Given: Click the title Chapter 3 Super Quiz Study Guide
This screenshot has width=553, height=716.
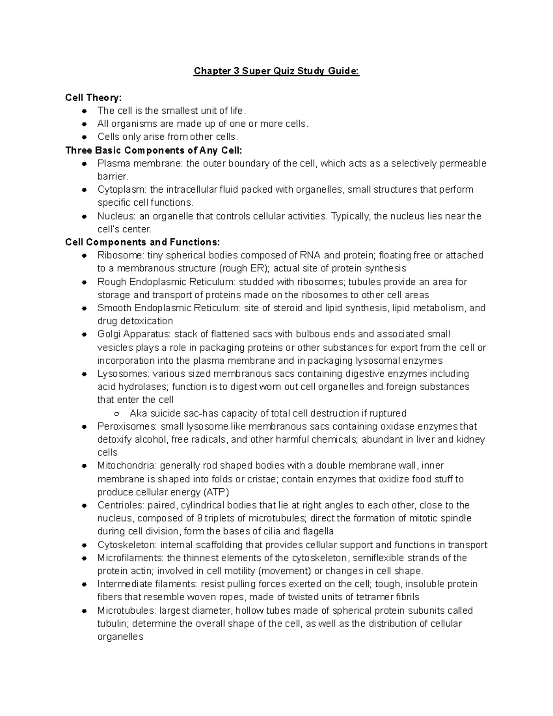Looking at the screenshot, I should (276, 71).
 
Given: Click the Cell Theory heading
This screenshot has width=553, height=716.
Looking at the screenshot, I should (94, 97).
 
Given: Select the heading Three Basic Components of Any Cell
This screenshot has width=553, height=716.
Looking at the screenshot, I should (153, 150).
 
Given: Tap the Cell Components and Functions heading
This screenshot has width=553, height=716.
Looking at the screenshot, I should (142, 242).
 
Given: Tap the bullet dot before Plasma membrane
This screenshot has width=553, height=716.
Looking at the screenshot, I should (84, 164).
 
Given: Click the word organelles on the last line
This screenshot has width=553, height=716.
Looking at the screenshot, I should (120, 637).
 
